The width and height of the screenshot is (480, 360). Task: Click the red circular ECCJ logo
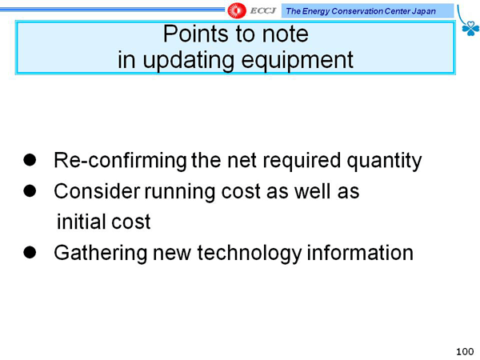click(x=237, y=10)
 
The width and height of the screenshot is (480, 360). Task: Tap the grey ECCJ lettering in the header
click(x=262, y=10)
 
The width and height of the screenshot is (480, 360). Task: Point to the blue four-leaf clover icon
click(x=470, y=28)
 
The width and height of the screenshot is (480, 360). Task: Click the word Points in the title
click(x=196, y=34)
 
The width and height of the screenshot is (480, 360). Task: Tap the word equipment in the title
click(x=298, y=60)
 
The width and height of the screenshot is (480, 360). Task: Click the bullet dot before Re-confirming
click(x=30, y=160)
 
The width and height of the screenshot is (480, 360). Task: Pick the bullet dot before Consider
click(x=30, y=191)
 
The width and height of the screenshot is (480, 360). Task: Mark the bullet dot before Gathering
click(x=30, y=253)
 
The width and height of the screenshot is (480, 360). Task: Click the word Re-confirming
click(x=120, y=161)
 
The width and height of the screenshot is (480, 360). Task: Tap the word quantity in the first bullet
click(x=384, y=161)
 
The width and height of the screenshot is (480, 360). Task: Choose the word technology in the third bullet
click(x=249, y=253)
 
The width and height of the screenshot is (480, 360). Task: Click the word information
click(x=360, y=253)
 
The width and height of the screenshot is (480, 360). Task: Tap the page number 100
click(x=465, y=352)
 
